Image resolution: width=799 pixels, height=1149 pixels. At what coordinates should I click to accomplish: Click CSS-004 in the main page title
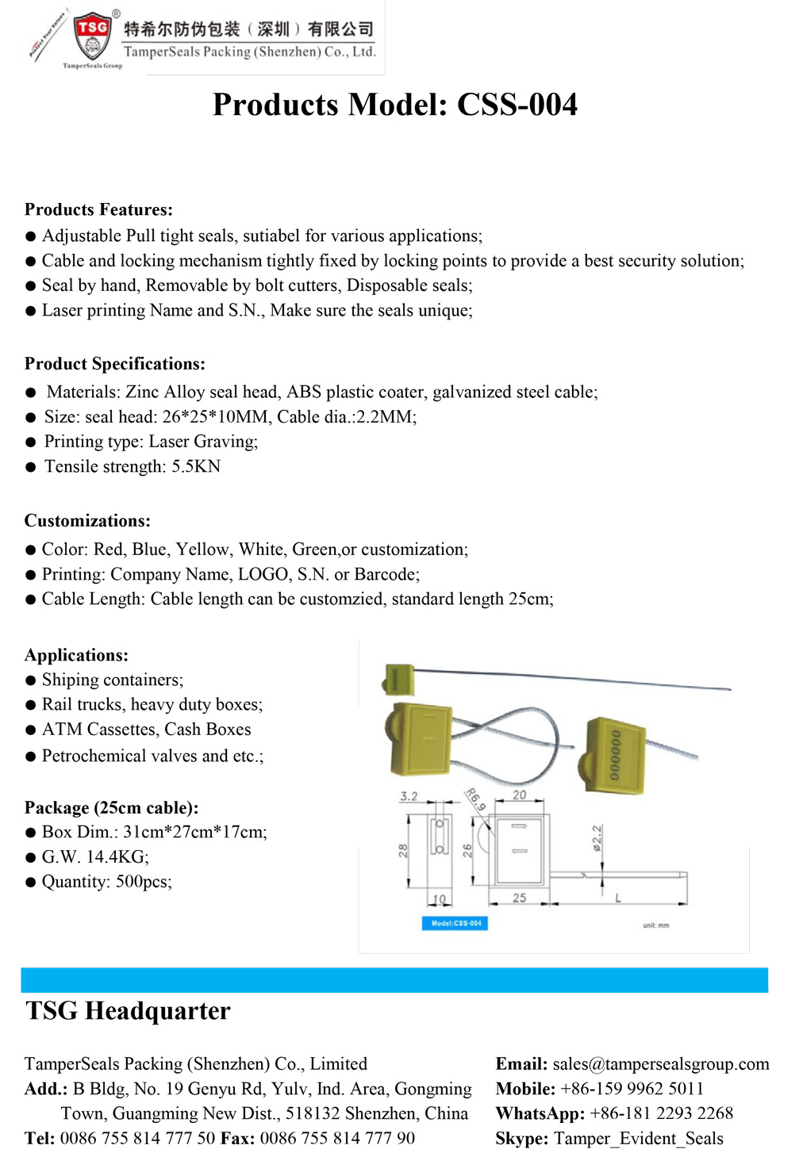(x=517, y=105)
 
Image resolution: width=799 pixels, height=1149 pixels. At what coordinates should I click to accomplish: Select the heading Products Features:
(x=98, y=209)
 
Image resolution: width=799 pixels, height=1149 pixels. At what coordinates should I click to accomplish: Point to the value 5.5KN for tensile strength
(x=196, y=466)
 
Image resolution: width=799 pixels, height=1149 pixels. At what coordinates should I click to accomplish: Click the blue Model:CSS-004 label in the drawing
(x=455, y=923)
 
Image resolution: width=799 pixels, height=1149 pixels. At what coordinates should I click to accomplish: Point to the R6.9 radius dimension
(x=474, y=799)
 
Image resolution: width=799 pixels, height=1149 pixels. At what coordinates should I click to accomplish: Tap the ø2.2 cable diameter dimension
(x=597, y=838)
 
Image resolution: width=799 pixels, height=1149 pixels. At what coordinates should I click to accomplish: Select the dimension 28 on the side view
(x=403, y=850)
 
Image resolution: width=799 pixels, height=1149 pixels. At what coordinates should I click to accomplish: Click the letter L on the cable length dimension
(x=618, y=898)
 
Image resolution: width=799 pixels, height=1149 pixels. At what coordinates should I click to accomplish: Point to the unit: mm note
(x=655, y=925)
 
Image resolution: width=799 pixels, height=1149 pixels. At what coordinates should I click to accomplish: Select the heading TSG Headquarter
(x=128, y=1011)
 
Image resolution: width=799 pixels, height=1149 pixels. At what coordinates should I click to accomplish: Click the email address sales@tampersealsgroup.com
(x=660, y=1064)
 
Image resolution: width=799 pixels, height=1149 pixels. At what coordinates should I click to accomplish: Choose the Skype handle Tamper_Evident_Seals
(x=638, y=1139)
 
